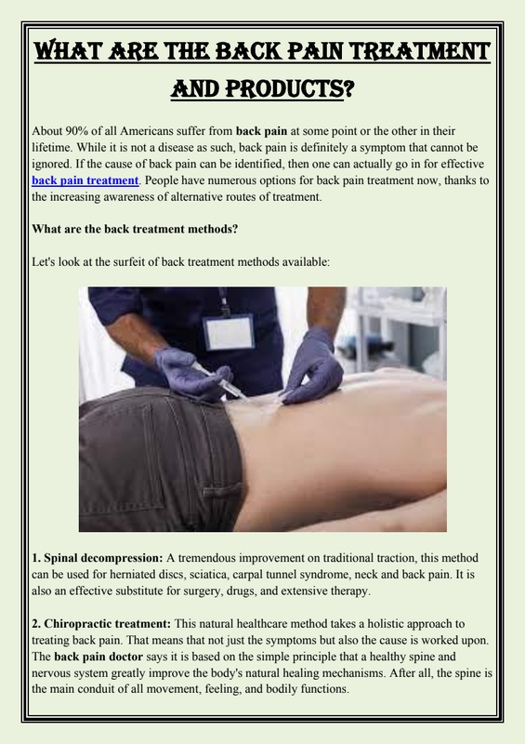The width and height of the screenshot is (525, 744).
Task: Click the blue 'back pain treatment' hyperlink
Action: [85, 180]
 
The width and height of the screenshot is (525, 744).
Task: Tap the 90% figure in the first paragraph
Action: [75, 131]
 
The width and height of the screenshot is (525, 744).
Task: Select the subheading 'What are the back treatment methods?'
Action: [135, 229]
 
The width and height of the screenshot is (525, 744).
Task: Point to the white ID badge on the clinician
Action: [229, 333]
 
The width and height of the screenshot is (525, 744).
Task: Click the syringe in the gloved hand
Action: [219, 380]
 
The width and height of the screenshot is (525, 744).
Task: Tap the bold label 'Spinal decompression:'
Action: [98, 559]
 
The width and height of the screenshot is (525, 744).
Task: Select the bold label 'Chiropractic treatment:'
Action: [101, 624]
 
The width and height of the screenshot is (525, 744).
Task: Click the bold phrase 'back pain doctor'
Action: [98, 658]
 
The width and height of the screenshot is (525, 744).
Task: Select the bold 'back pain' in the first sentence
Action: [261, 131]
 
